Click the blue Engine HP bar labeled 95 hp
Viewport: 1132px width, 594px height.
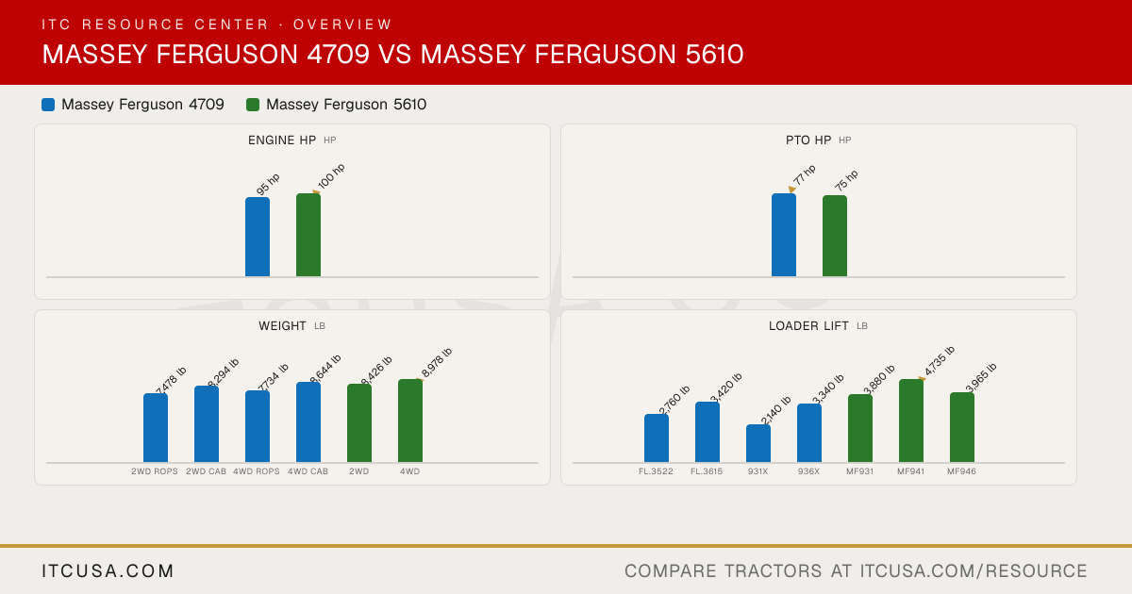pos(258,237)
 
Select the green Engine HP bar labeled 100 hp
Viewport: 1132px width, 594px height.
pos(308,235)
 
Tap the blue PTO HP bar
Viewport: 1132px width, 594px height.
pos(784,235)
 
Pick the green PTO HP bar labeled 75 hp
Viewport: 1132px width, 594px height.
pos(835,236)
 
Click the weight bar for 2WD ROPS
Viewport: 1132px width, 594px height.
pos(156,428)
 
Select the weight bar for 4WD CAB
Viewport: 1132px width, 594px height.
pos(308,422)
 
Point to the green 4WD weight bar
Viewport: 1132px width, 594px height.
pos(410,421)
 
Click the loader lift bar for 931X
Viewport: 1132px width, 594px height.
pos(758,443)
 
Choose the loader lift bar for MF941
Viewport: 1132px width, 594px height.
pos(911,421)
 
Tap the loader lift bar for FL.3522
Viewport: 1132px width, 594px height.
pos(657,437)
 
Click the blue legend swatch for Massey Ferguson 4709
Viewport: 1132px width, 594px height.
pos(48,105)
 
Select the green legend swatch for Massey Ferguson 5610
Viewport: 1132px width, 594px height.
pos(253,105)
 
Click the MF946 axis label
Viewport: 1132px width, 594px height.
pos(961,471)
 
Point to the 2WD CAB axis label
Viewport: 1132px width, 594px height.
pos(206,471)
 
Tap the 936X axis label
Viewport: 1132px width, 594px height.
pos(808,471)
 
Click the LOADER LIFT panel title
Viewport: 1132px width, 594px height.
pos(808,326)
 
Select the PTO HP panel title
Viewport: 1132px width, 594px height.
pos(808,140)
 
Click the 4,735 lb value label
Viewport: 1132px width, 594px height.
pos(939,360)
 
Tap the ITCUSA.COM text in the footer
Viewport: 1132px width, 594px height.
pos(108,570)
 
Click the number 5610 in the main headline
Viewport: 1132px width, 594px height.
pos(715,54)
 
